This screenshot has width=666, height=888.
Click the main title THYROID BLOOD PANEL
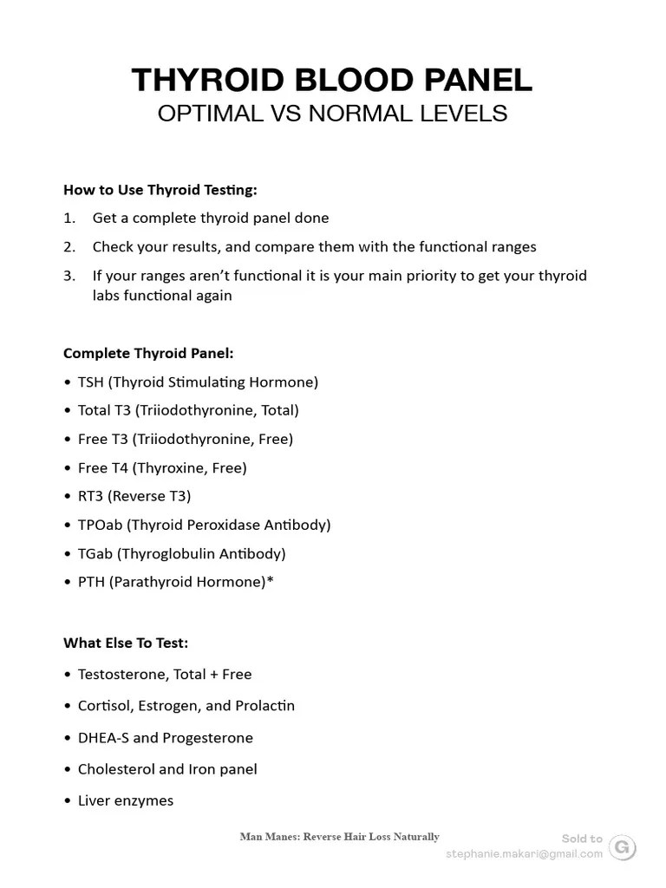[332, 80]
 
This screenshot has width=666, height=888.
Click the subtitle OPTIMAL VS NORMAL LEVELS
[332, 114]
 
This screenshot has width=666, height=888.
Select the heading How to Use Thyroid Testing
[160, 190]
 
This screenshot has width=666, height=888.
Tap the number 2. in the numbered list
[69, 247]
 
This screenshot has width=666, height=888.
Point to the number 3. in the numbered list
[69, 276]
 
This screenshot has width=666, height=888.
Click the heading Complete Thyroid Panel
[148, 354]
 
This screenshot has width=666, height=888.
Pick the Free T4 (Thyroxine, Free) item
[162, 467]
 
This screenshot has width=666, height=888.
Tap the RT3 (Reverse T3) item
[134, 496]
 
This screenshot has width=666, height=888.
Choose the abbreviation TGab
[95, 553]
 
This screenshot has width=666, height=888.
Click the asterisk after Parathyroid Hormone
[270, 580]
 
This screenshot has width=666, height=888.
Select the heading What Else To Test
[126, 643]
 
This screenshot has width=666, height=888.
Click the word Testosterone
[121, 674]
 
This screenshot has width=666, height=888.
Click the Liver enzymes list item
[126, 800]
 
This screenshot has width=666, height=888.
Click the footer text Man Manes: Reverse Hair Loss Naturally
[339, 837]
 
